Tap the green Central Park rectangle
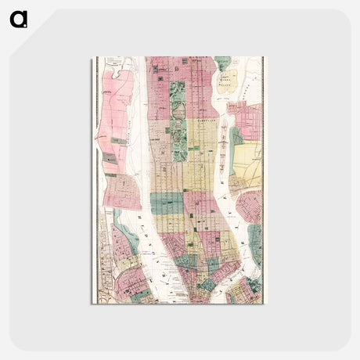179,117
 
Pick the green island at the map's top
223,63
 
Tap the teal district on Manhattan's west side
168,203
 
